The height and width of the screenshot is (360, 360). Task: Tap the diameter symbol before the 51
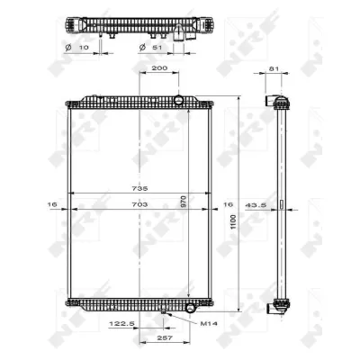pyautogui.click(x=142, y=46)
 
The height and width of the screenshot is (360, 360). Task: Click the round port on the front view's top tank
pyautogui.click(x=178, y=100)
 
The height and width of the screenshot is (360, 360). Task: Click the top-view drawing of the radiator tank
pyautogui.click(x=134, y=24)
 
